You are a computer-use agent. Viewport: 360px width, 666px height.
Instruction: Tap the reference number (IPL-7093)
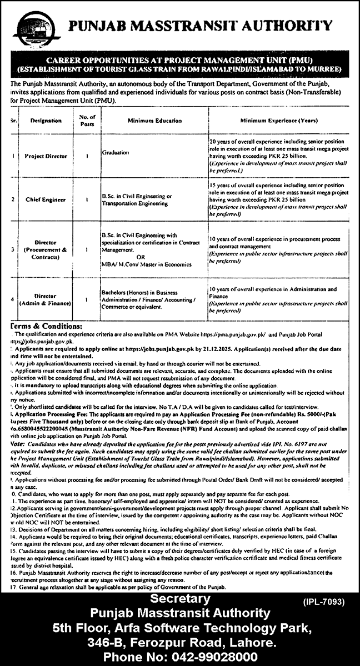tap(325, 601)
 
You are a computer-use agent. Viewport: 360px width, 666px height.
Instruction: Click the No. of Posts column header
tap(87, 119)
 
